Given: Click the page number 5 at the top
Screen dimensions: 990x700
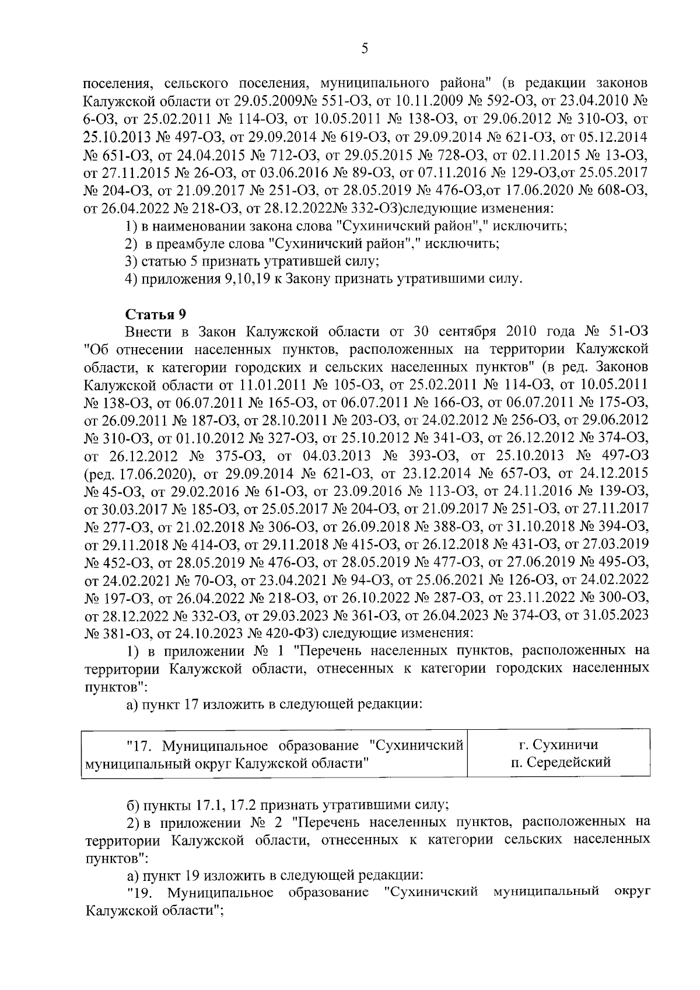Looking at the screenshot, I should [x=364, y=49].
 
